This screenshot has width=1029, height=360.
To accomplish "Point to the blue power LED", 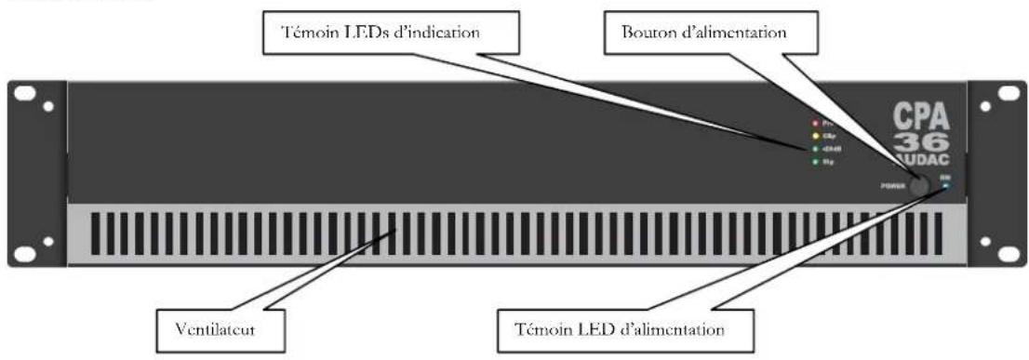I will point(945,184).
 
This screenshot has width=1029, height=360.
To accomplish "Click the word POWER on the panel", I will point(892,185).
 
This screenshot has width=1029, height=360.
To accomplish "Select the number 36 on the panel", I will point(921,141).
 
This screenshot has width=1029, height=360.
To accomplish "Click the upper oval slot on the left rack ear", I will point(28,95).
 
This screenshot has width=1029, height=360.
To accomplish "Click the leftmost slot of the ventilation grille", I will point(98,237).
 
